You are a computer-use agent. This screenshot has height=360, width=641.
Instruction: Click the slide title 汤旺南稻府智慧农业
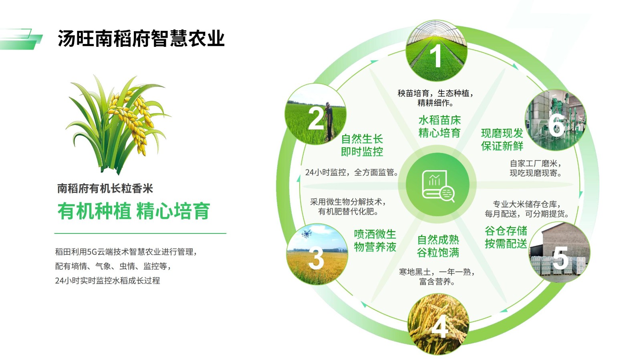click(x=141, y=38)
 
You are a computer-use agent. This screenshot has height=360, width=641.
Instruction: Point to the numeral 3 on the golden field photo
click(x=316, y=259)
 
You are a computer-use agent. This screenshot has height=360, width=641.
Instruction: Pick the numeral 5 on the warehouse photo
click(x=560, y=258)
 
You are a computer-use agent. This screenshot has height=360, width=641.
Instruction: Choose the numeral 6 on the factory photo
click(x=556, y=126)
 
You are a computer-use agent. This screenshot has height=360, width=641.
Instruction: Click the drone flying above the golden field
click(x=306, y=234)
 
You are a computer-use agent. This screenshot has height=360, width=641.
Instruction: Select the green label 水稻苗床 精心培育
click(x=439, y=127)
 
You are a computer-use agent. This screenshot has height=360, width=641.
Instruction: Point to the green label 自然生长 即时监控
click(x=362, y=145)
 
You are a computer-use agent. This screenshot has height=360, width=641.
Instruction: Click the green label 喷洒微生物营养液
click(x=375, y=241)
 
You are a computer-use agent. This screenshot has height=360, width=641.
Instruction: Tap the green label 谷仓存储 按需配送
click(x=506, y=237)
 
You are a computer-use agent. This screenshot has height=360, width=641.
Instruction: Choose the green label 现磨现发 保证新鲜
click(x=502, y=139)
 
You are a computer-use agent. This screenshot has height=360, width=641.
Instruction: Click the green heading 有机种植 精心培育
click(x=134, y=211)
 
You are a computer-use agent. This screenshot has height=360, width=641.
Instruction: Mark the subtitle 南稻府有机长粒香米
click(x=105, y=189)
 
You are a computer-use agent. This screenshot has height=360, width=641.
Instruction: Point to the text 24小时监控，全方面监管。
click(x=351, y=172)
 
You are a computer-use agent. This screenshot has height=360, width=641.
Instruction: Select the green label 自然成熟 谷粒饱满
click(x=438, y=246)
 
